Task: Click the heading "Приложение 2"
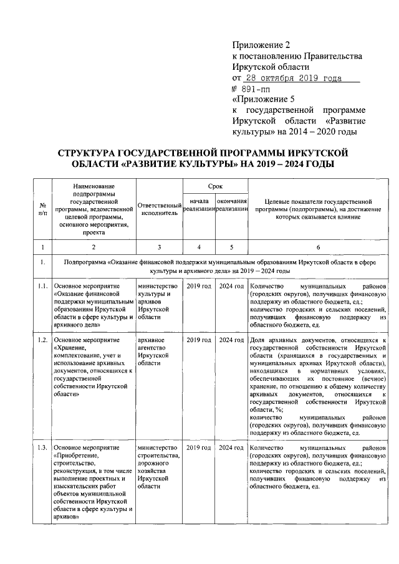click(x=261, y=45)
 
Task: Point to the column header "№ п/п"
click(x=42, y=208)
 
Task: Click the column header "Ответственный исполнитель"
click(x=158, y=208)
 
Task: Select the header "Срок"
click(x=214, y=186)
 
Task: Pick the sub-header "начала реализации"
click(x=198, y=208)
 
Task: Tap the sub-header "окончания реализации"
click(x=231, y=208)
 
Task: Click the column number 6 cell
click(x=319, y=247)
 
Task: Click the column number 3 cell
click(x=158, y=247)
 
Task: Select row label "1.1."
click(x=42, y=285)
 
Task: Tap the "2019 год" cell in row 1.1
click(x=198, y=285)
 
